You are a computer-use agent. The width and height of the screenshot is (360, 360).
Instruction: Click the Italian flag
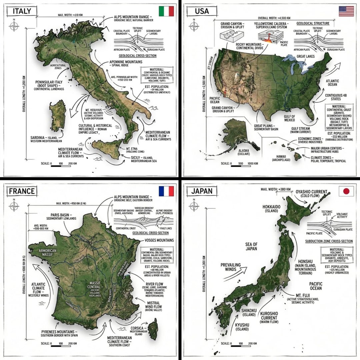point(167,11)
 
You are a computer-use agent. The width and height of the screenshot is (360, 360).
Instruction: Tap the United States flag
point(346,11)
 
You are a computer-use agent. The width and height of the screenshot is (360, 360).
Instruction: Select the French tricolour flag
point(167,191)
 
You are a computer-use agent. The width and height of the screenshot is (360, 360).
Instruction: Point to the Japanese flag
point(346,191)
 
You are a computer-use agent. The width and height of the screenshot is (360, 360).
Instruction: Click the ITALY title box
point(22,11)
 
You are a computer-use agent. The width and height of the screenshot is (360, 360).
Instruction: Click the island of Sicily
point(107,149)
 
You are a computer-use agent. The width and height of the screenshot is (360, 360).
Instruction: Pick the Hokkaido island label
point(273,209)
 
